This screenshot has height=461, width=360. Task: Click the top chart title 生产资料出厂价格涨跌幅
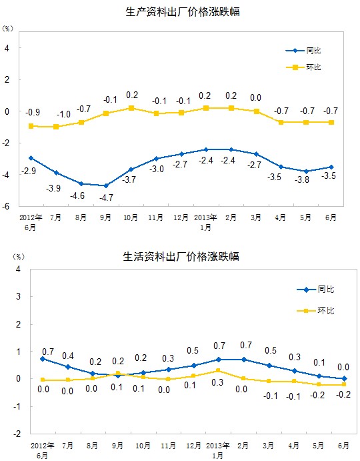point(183,12)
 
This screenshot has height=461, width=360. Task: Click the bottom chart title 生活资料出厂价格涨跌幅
point(181,256)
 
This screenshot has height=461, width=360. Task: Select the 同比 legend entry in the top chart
point(303,51)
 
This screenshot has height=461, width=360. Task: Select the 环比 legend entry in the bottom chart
point(315,310)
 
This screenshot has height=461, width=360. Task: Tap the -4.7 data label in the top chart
point(106,197)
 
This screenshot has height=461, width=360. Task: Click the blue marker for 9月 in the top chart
point(106,186)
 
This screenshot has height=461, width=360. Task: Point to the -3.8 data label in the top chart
point(302,179)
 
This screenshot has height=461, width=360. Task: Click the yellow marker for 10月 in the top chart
point(131,108)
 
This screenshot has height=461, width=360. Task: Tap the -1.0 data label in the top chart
point(63,114)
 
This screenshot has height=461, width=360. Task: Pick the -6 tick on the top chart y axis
point(6,206)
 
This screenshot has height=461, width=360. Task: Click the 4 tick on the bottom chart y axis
point(18,269)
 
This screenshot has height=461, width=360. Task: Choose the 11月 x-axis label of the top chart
point(156,217)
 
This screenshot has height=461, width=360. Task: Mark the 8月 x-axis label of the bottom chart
point(92,446)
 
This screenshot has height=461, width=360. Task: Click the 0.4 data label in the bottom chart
point(68,356)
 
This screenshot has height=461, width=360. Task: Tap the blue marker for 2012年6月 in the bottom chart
point(43,359)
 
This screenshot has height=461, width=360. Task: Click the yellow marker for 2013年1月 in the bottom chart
point(219,371)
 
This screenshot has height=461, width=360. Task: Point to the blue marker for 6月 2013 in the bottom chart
point(344,379)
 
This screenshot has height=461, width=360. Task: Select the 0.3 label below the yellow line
point(217,382)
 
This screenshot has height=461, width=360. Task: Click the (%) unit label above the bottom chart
point(19,257)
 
